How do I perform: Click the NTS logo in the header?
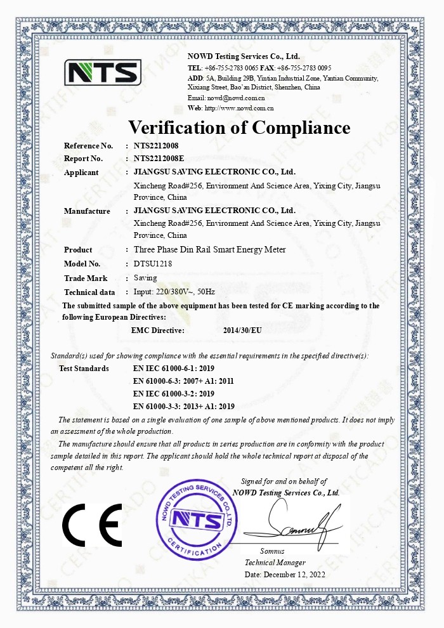click(102, 73)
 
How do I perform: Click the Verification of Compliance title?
click(239, 128)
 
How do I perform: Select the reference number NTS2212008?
click(156, 146)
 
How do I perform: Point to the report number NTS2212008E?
click(159, 159)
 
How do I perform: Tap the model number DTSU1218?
click(153, 263)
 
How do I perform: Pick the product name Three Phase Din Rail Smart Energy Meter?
click(209, 249)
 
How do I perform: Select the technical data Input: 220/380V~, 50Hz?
click(174, 292)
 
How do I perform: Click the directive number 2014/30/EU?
click(242, 330)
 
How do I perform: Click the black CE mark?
click(91, 525)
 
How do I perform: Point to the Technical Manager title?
click(275, 563)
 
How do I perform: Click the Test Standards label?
click(84, 368)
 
